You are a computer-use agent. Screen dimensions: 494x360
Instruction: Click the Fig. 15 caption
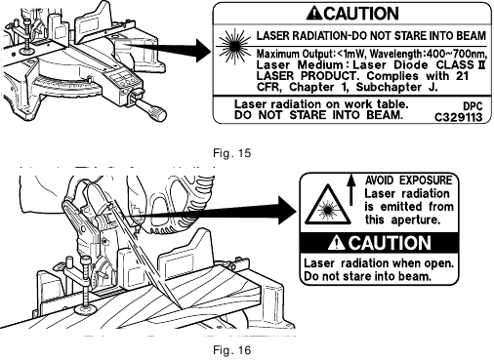click(232, 153)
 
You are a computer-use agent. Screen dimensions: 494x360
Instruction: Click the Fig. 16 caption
click(232, 350)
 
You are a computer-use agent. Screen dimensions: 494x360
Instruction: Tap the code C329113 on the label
click(458, 117)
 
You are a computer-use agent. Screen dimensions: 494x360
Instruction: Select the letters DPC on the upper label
click(473, 106)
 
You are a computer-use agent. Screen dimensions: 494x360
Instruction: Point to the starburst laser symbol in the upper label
click(234, 47)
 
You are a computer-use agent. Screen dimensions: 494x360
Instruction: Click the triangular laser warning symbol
click(328, 206)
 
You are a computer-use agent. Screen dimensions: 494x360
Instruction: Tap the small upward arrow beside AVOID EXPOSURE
click(350, 189)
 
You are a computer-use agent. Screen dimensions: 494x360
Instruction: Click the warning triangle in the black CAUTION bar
click(336, 243)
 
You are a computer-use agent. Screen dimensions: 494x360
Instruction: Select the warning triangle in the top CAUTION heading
click(314, 14)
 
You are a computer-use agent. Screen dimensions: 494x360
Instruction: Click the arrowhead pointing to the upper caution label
click(204, 51)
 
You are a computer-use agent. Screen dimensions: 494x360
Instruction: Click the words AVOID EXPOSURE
click(409, 180)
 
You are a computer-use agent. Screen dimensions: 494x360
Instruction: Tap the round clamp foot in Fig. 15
click(26, 51)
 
